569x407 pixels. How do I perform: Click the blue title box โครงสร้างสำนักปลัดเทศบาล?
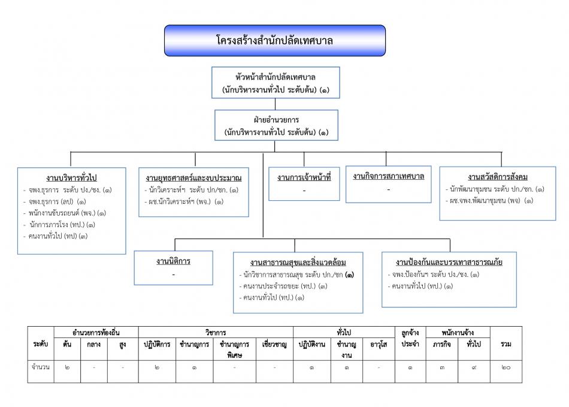[275, 41]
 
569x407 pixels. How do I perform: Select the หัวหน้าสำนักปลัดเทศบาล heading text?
[276, 78]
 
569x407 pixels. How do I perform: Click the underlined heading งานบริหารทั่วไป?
[72, 178]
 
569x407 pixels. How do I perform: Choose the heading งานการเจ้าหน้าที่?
[304, 178]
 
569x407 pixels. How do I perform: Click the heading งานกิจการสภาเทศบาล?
[389, 176]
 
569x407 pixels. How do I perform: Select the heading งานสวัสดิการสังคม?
[497, 177]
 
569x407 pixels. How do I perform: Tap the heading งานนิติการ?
[173, 261]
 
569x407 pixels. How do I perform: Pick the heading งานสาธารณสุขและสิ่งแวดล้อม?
[298, 263]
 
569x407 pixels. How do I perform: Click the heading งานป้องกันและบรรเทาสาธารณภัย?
[449, 263]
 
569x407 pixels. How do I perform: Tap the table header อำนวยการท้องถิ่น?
[96, 331]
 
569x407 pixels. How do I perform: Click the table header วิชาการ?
[216, 331]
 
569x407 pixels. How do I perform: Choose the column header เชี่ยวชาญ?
[274, 344]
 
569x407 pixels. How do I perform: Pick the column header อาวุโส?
[377, 344]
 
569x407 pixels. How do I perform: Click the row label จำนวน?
[41, 365]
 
